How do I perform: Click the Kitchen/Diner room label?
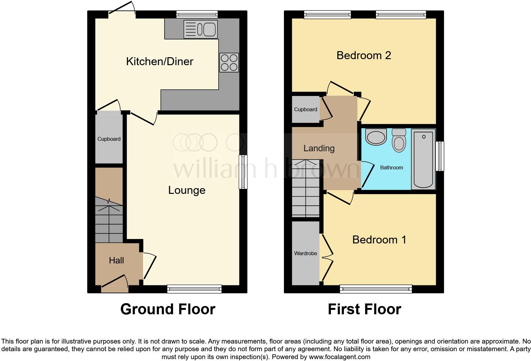coord(159,61)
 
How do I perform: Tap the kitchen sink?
coord(200,30)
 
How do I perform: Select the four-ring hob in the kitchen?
coord(229,63)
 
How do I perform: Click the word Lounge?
coord(187,190)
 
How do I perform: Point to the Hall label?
coord(116,261)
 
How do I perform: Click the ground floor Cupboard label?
coord(109,139)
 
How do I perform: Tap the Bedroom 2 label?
coord(364,55)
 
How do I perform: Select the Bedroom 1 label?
coord(379,240)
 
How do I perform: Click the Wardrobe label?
coord(306,253)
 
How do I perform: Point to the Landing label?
coord(319,148)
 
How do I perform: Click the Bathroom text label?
coord(391,167)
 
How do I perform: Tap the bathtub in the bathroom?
coord(423,159)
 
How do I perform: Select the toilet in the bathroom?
coord(399,140)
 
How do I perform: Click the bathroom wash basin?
coord(376,137)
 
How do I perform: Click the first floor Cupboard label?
coord(306,109)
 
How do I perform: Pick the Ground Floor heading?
coord(168,309)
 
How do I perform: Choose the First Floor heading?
coord(364,309)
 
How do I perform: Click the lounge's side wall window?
coord(243,172)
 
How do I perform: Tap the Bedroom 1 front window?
coord(376,289)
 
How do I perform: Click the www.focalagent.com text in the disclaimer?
coord(339,357)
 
